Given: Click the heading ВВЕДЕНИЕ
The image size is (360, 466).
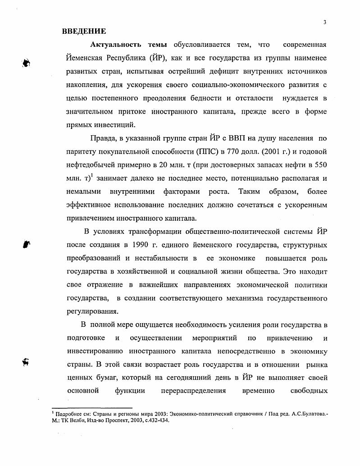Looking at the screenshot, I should (x=84, y=31).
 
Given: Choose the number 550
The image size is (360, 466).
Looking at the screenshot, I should (x=321, y=164).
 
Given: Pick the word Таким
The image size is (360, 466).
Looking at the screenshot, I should (x=250, y=192).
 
